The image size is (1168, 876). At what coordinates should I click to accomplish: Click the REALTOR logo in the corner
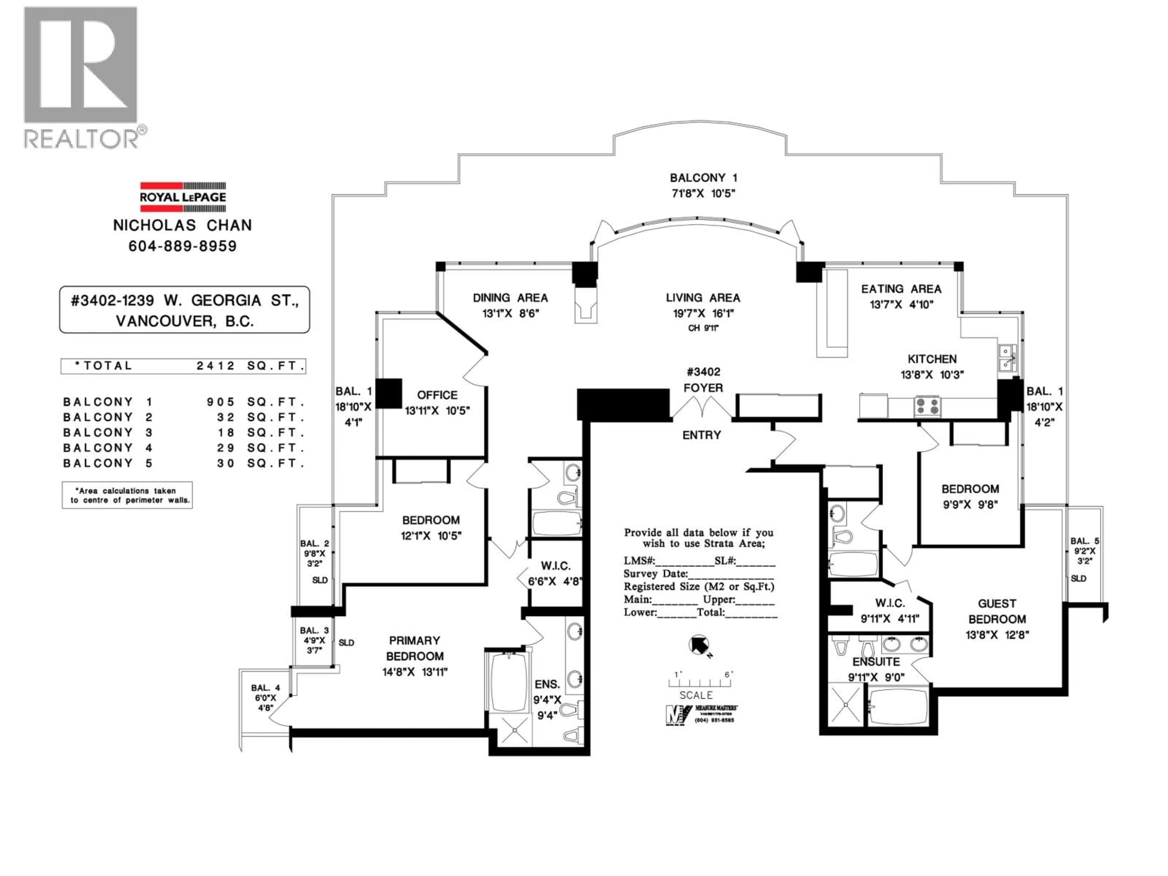click(82, 77)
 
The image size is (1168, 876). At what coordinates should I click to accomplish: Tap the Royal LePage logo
click(183, 196)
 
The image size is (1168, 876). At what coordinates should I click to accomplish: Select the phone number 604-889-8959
click(183, 246)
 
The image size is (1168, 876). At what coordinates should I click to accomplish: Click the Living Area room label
click(703, 298)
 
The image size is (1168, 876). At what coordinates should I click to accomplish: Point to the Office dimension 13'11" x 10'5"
click(437, 411)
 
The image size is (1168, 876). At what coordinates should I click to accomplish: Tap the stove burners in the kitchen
click(927, 406)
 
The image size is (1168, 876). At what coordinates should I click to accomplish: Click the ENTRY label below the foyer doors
click(701, 435)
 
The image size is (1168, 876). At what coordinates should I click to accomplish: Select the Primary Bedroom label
click(415, 648)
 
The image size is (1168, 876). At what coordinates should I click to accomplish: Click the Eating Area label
click(901, 289)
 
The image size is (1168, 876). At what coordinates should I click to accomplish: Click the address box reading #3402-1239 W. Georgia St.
click(184, 310)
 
